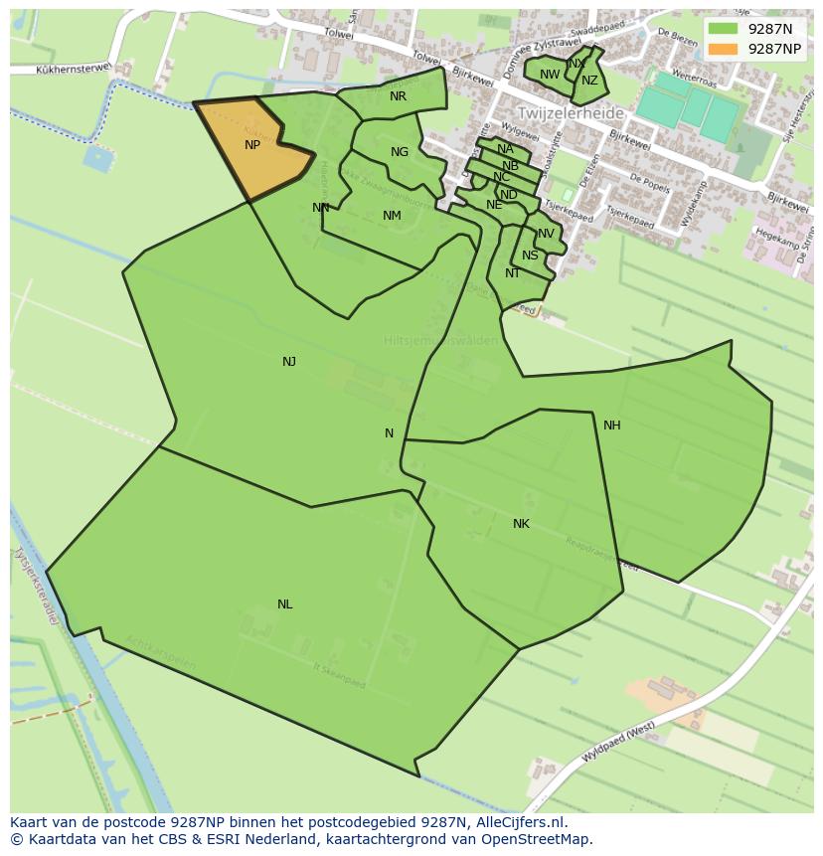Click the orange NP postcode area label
pyautogui.click(x=252, y=145)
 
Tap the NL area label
pyautogui.click(x=285, y=604)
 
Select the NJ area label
pyautogui.click(x=289, y=362)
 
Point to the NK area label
pyautogui.click(x=521, y=524)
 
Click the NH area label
pyautogui.click(x=611, y=426)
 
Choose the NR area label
pyautogui.click(x=398, y=96)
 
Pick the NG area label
pyautogui.click(x=399, y=152)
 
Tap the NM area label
pyautogui.click(x=392, y=216)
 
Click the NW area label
pyautogui.click(x=550, y=75)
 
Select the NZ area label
pyautogui.click(x=589, y=82)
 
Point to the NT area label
pyautogui.click(x=512, y=273)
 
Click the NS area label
pyautogui.click(x=530, y=256)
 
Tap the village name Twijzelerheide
pyautogui.click(x=570, y=113)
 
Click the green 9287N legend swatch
pyautogui.click(x=724, y=29)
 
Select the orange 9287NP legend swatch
pyautogui.click(x=724, y=49)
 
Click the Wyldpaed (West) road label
pyautogui.click(x=618, y=742)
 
